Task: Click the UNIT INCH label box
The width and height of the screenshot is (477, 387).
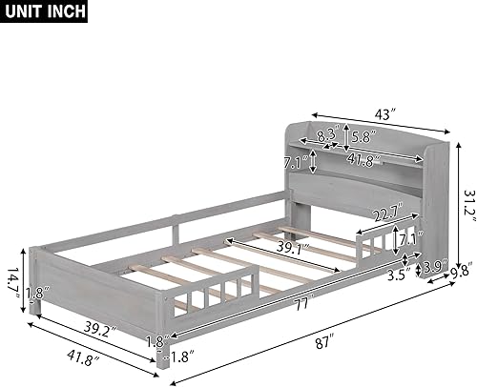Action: [x=45, y=12]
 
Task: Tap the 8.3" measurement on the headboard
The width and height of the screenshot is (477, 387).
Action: [x=326, y=136]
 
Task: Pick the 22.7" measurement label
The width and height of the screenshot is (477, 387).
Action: [x=384, y=214]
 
